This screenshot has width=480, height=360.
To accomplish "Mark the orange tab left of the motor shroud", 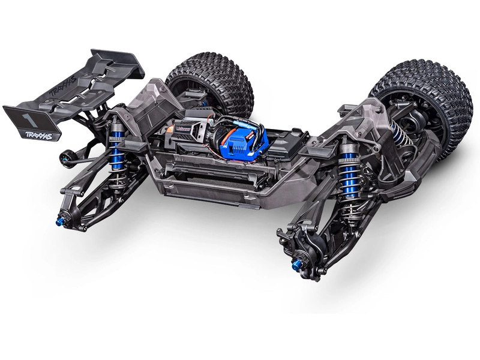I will pos(169,129).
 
